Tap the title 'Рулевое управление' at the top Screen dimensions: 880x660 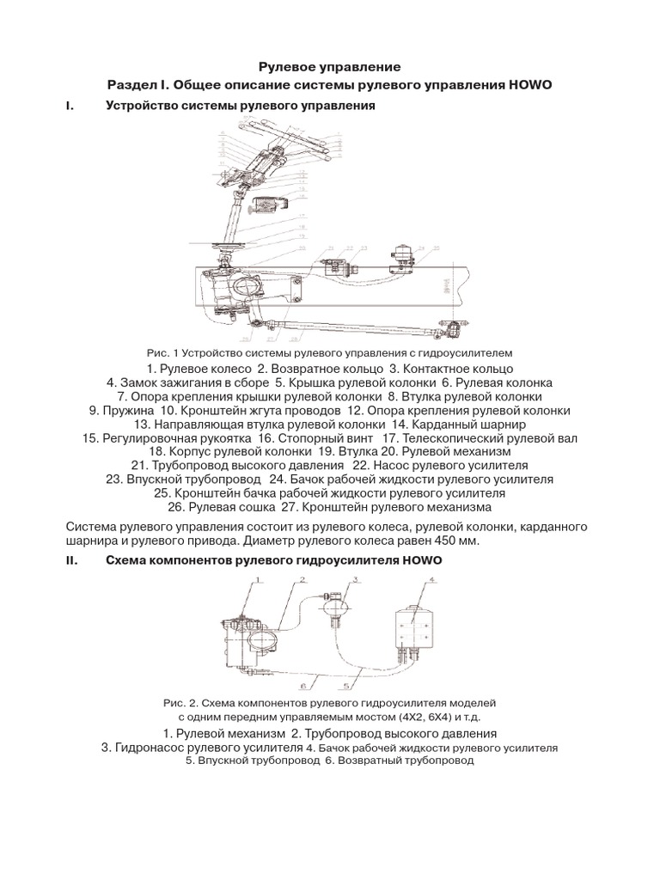[x=329, y=66]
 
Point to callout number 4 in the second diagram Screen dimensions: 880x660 [x=432, y=580]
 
